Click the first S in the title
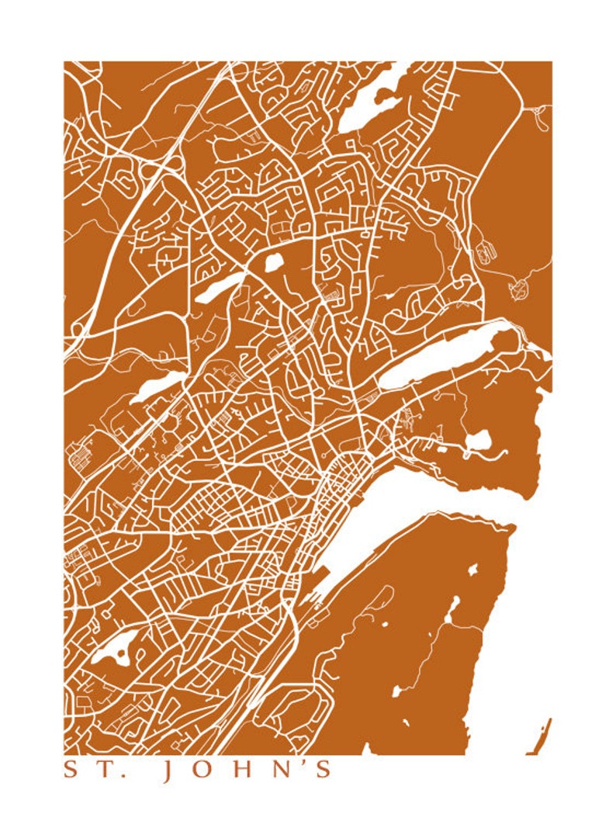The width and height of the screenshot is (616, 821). click(x=71, y=770)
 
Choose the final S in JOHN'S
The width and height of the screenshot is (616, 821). click(x=324, y=770)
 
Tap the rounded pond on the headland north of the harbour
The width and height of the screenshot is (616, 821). click(x=479, y=441)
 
